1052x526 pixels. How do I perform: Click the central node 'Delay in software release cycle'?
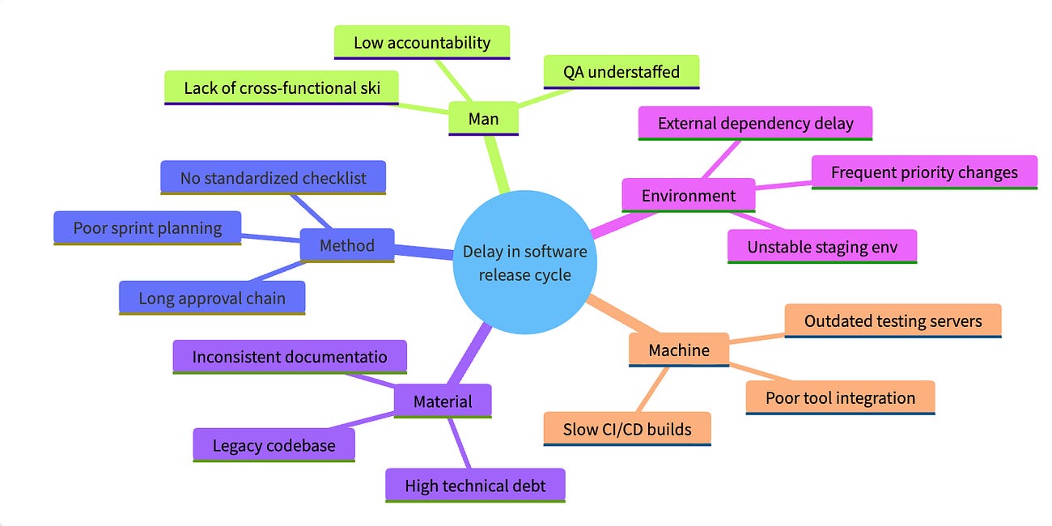524,262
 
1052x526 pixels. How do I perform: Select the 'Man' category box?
483,118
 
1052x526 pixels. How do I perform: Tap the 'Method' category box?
347,245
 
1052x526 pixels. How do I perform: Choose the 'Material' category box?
443,401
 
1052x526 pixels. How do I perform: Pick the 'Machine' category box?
679,350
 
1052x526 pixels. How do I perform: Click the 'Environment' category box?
689,195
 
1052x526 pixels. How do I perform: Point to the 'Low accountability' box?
422,42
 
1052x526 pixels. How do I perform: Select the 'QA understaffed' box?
621,72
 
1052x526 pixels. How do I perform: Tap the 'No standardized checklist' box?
273,177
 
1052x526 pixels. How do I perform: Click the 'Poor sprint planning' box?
147,227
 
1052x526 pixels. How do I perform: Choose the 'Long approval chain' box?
212,298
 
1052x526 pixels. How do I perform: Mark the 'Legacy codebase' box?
274,445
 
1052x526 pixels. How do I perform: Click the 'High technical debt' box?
475,486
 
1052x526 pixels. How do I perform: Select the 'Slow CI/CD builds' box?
627,429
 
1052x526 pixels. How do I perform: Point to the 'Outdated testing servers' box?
893,320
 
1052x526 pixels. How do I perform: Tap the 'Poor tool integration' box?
840,398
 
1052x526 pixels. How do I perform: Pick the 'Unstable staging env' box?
822,247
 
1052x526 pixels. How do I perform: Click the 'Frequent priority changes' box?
924,172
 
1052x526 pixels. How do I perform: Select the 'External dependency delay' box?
755,123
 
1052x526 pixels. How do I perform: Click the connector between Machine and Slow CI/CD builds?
652,389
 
